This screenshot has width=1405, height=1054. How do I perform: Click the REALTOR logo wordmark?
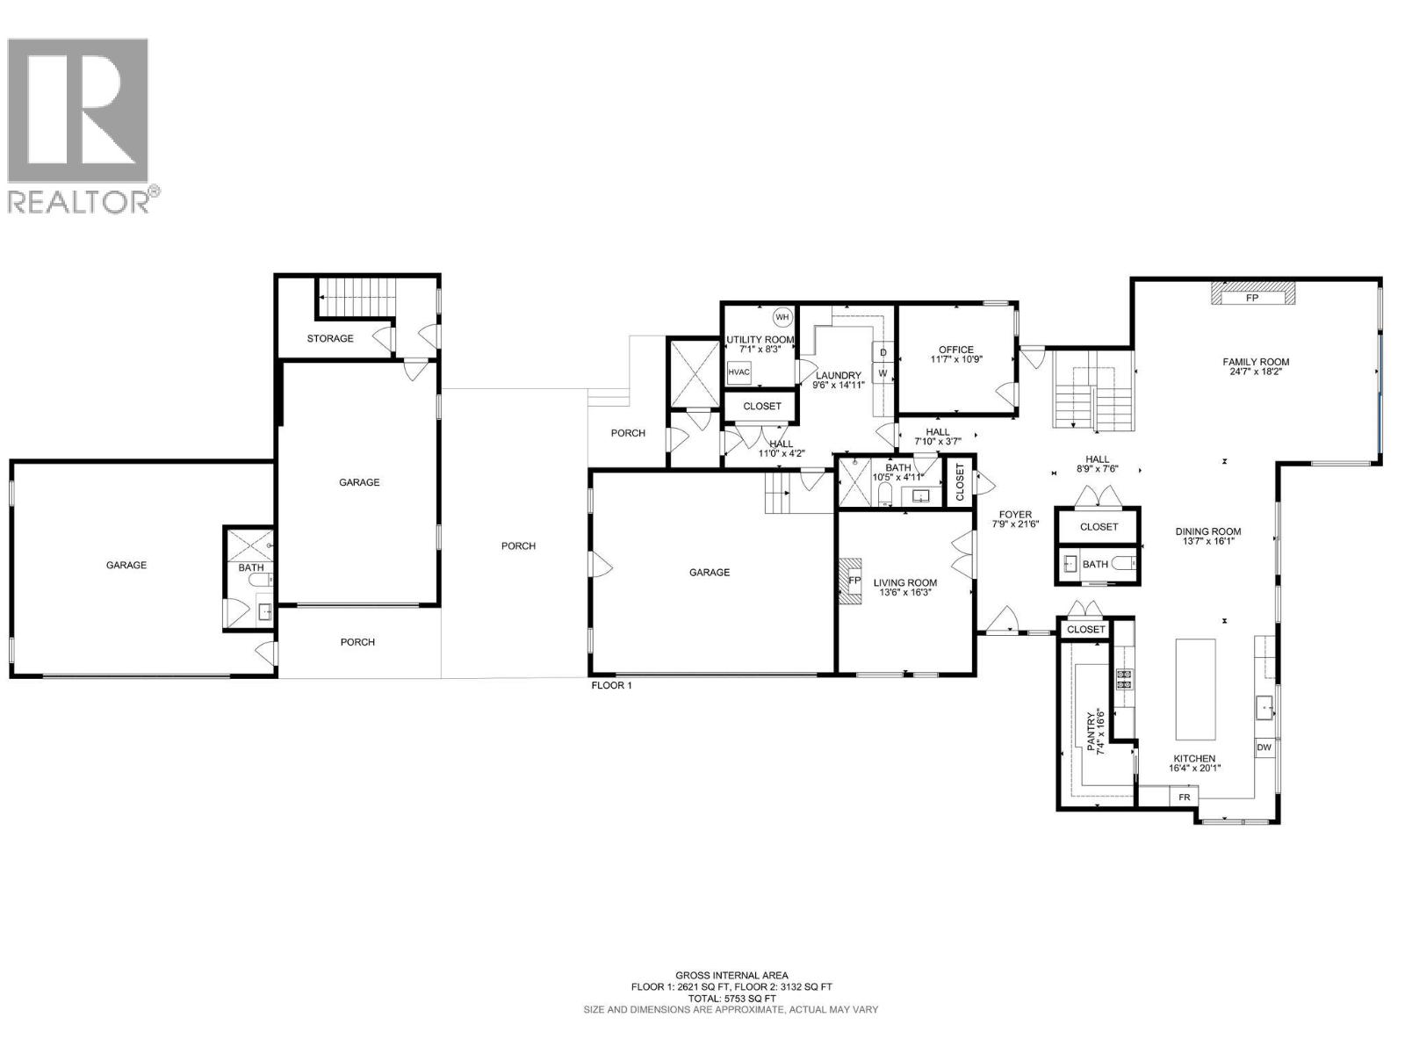pyautogui.click(x=83, y=200)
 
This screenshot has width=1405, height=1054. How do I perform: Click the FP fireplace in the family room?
pyautogui.click(x=1252, y=297)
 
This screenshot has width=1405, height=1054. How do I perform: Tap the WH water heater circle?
pyautogui.click(x=782, y=317)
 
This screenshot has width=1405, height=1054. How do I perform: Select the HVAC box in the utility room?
pyautogui.click(x=739, y=372)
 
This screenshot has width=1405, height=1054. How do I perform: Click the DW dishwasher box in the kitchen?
pyautogui.click(x=1264, y=747)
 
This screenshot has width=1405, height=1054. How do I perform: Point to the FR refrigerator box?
pyautogui.click(x=1184, y=798)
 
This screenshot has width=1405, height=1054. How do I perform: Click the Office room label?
pyautogui.click(x=955, y=350)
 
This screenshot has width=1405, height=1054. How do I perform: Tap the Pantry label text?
pyautogui.click(x=1092, y=732)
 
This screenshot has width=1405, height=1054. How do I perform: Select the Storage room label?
pyautogui.click(x=330, y=338)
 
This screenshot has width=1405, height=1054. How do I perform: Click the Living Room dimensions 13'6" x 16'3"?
pyautogui.click(x=904, y=593)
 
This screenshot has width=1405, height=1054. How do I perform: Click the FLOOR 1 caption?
pyautogui.click(x=611, y=685)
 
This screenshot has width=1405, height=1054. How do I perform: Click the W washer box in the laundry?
pyautogui.click(x=883, y=373)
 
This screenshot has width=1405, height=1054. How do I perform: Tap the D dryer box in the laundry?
pyautogui.click(x=883, y=353)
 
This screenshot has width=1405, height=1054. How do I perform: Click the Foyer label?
pyautogui.click(x=1015, y=515)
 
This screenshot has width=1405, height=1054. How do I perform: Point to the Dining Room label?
pyautogui.click(x=1208, y=531)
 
